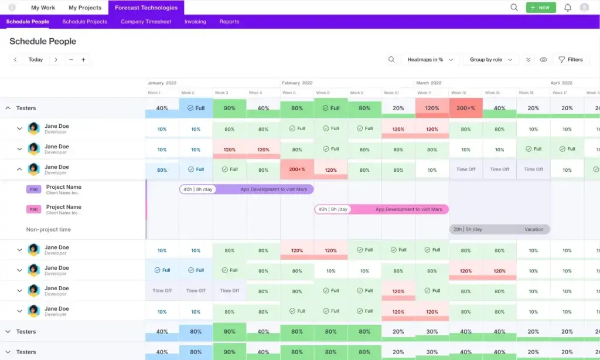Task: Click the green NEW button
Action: tap(540, 8)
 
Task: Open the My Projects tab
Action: tap(85, 8)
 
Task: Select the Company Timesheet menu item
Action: tap(146, 22)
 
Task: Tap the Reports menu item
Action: tap(229, 22)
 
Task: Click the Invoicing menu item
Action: tap(195, 22)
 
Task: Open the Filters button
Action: tap(570, 60)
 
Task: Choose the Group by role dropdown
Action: tap(491, 60)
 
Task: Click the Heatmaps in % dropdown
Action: tap(430, 60)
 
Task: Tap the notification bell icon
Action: tap(567, 8)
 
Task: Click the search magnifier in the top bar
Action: tap(514, 8)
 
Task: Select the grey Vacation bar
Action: tap(500, 229)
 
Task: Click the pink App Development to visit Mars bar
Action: tap(381, 209)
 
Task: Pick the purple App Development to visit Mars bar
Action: tap(247, 189)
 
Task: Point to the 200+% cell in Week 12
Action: tap(466, 108)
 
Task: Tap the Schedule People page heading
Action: tap(43, 42)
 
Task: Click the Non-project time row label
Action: tap(48, 229)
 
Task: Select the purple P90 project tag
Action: tap(33, 189)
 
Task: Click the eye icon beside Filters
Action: tap(543, 60)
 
